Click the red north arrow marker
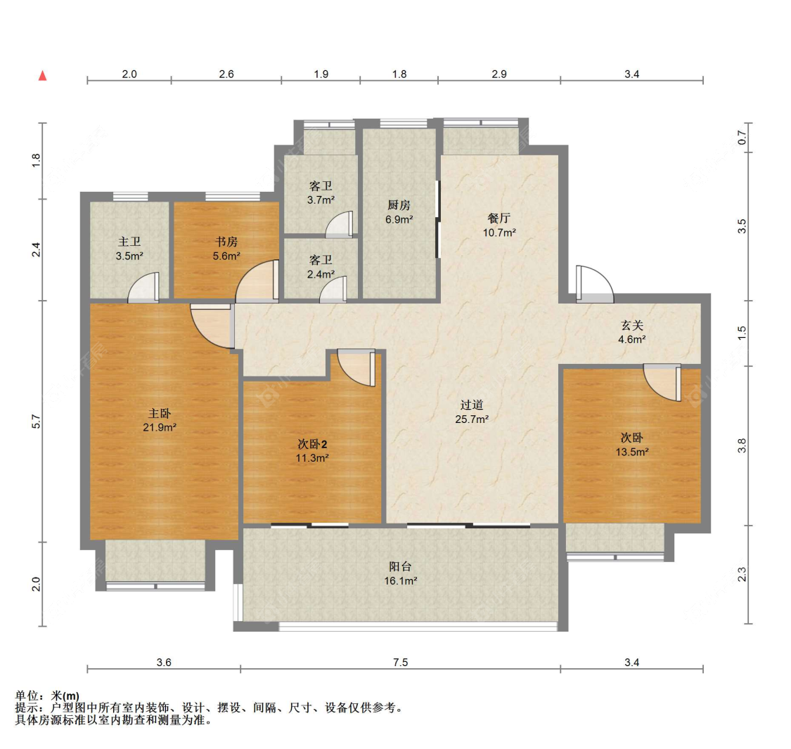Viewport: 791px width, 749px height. click(x=43, y=76)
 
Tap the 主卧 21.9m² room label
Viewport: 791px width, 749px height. click(x=160, y=420)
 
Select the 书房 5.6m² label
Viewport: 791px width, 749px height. click(x=226, y=249)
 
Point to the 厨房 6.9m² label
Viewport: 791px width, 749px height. click(x=399, y=212)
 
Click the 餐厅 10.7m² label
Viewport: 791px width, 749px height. click(x=499, y=226)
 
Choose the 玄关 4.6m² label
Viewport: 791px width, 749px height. click(x=632, y=332)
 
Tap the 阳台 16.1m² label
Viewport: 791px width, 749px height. click(x=401, y=573)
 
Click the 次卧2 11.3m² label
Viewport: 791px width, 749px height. click(x=312, y=451)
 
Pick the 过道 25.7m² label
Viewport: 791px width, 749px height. click(x=472, y=412)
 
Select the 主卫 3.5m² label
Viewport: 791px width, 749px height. click(x=129, y=249)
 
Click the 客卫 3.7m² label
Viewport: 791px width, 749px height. click(x=321, y=193)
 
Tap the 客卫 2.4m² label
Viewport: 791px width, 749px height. click(x=321, y=267)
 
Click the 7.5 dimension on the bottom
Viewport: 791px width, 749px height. click(x=401, y=663)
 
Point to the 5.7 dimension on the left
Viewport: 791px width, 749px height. click(x=35, y=422)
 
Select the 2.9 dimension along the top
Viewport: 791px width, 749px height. click(x=499, y=74)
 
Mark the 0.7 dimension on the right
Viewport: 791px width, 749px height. click(x=742, y=137)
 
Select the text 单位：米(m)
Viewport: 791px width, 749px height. click(x=47, y=696)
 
